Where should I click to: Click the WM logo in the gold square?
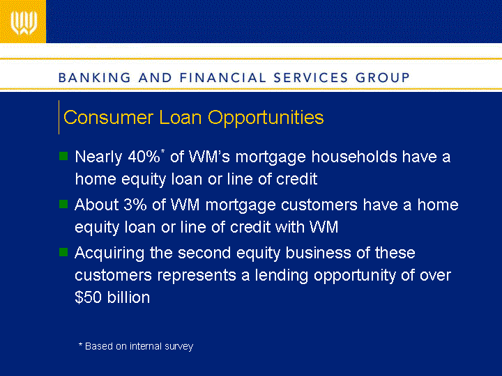point(24,23)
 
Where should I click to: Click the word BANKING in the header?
point(95,78)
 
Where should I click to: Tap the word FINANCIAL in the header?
point(222,78)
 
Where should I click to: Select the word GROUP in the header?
point(383,78)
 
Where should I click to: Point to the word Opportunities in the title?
point(266,118)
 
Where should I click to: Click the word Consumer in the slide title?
point(108,117)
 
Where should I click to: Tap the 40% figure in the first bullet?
point(144,157)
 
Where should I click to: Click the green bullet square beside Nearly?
point(63,156)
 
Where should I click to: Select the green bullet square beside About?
point(63,204)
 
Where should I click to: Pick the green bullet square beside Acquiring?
point(63,252)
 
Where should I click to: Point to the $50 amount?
point(88,297)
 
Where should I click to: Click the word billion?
point(128,297)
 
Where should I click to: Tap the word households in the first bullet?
point(354,157)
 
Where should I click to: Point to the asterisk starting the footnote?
point(80,345)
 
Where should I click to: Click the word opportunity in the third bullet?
point(355,276)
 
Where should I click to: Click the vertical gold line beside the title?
point(59,117)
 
